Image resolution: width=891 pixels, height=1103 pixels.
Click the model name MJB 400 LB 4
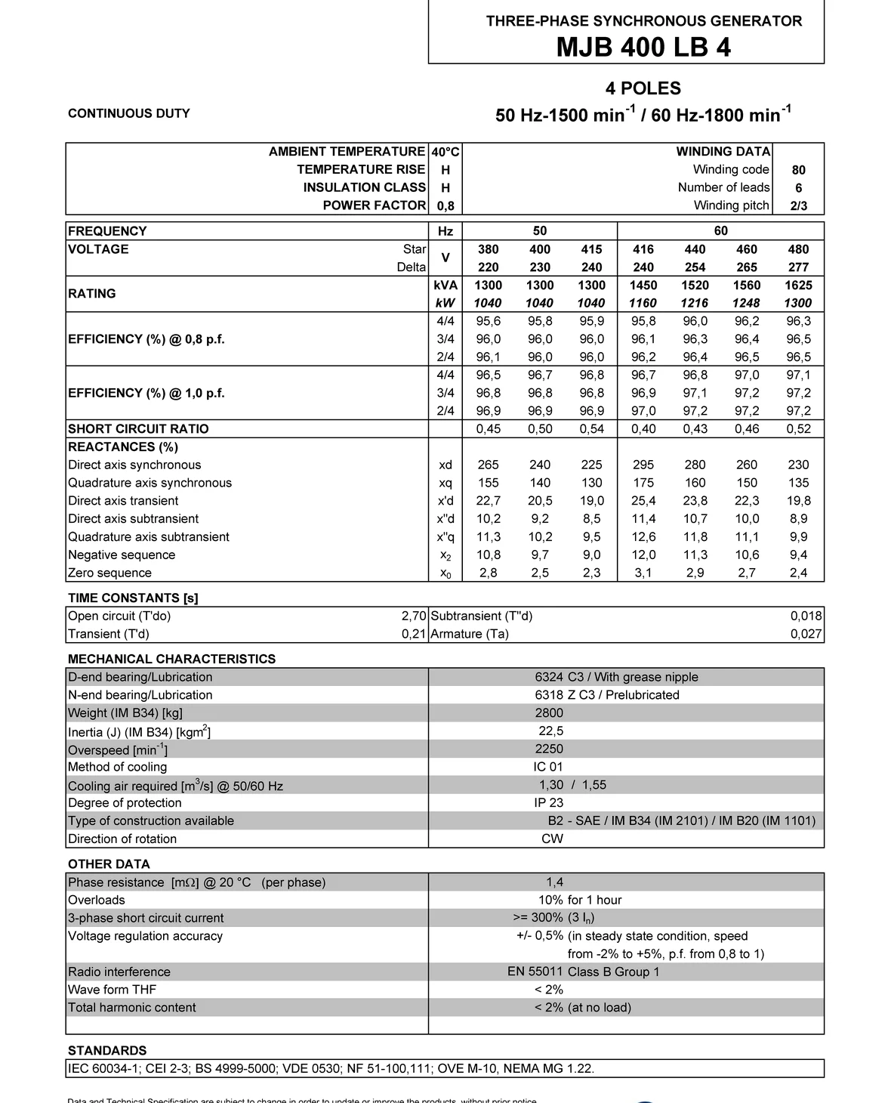[x=643, y=48]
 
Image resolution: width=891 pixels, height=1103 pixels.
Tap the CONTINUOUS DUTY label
[x=129, y=113]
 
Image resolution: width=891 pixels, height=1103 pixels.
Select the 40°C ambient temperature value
[x=445, y=152]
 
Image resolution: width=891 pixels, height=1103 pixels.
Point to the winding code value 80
[x=798, y=170]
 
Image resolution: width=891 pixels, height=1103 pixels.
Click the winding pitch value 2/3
[x=798, y=205]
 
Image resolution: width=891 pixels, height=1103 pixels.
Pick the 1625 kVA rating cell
[x=798, y=285]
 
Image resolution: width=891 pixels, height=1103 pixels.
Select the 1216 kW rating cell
[x=695, y=303]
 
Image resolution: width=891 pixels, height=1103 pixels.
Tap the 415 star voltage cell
[x=591, y=249]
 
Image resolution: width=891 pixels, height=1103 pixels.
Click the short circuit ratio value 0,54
[x=591, y=428]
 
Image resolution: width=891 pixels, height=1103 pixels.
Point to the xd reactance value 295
[x=643, y=465]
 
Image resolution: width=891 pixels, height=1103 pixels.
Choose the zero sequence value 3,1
[x=643, y=573]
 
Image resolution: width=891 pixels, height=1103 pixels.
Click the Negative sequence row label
[x=122, y=555]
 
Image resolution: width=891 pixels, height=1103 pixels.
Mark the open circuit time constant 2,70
[x=414, y=616]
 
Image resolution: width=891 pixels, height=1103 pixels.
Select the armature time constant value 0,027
[x=806, y=634]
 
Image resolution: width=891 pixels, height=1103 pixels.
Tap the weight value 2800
[x=549, y=712]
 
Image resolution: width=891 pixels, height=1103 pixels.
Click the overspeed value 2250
[x=549, y=749]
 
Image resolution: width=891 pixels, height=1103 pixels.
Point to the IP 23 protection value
[x=549, y=802]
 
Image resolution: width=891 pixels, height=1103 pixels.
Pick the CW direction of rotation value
[x=552, y=839]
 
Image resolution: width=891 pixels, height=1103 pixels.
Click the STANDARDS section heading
[x=107, y=1050]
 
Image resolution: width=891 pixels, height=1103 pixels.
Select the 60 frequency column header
[x=720, y=230]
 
